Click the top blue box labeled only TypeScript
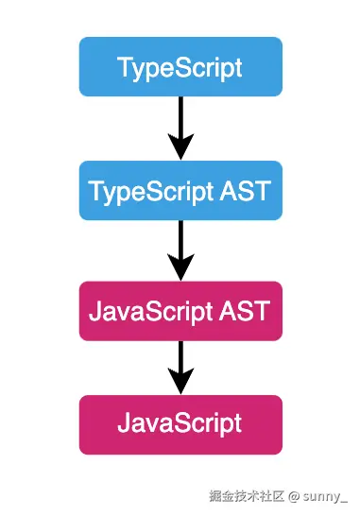coord(180,67)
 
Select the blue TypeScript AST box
coord(180,190)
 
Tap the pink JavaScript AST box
coord(180,309)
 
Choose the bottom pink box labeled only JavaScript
coord(180,424)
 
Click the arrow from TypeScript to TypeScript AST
coord(180,127)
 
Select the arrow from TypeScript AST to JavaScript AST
coord(180,249)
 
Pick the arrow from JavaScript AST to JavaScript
coord(180,367)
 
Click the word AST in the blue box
coord(249,190)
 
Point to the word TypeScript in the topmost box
coord(180,68)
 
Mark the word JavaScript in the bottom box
coord(180,424)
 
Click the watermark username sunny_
coord(326,493)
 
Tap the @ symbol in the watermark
coord(294,493)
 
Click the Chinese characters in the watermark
coord(249,493)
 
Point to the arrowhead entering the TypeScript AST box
coord(180,146)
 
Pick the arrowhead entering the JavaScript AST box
coord(180,267)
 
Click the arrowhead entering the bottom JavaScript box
coord(180,382)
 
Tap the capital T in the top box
coord(124,67)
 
